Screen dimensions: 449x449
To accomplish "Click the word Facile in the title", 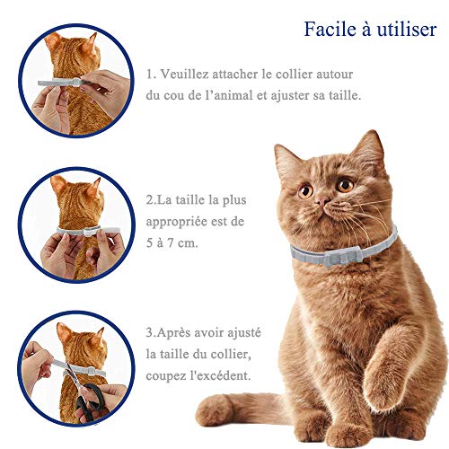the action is (x=330, y=30).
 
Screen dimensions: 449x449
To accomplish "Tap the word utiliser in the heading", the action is (x=407, y=30).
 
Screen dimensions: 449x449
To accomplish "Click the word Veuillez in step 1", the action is (x=185, y=74).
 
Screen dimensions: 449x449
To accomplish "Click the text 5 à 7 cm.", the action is (x=172, y=242).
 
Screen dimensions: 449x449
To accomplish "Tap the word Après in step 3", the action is (x=172, y=333).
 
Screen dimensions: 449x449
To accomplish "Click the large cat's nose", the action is (x=321, y=202).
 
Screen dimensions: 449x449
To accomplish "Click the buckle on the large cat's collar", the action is (x=342, y=258).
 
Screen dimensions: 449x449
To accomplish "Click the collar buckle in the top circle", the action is (x=76, y=82).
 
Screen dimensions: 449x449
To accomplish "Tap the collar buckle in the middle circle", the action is (x=88, y=232).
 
